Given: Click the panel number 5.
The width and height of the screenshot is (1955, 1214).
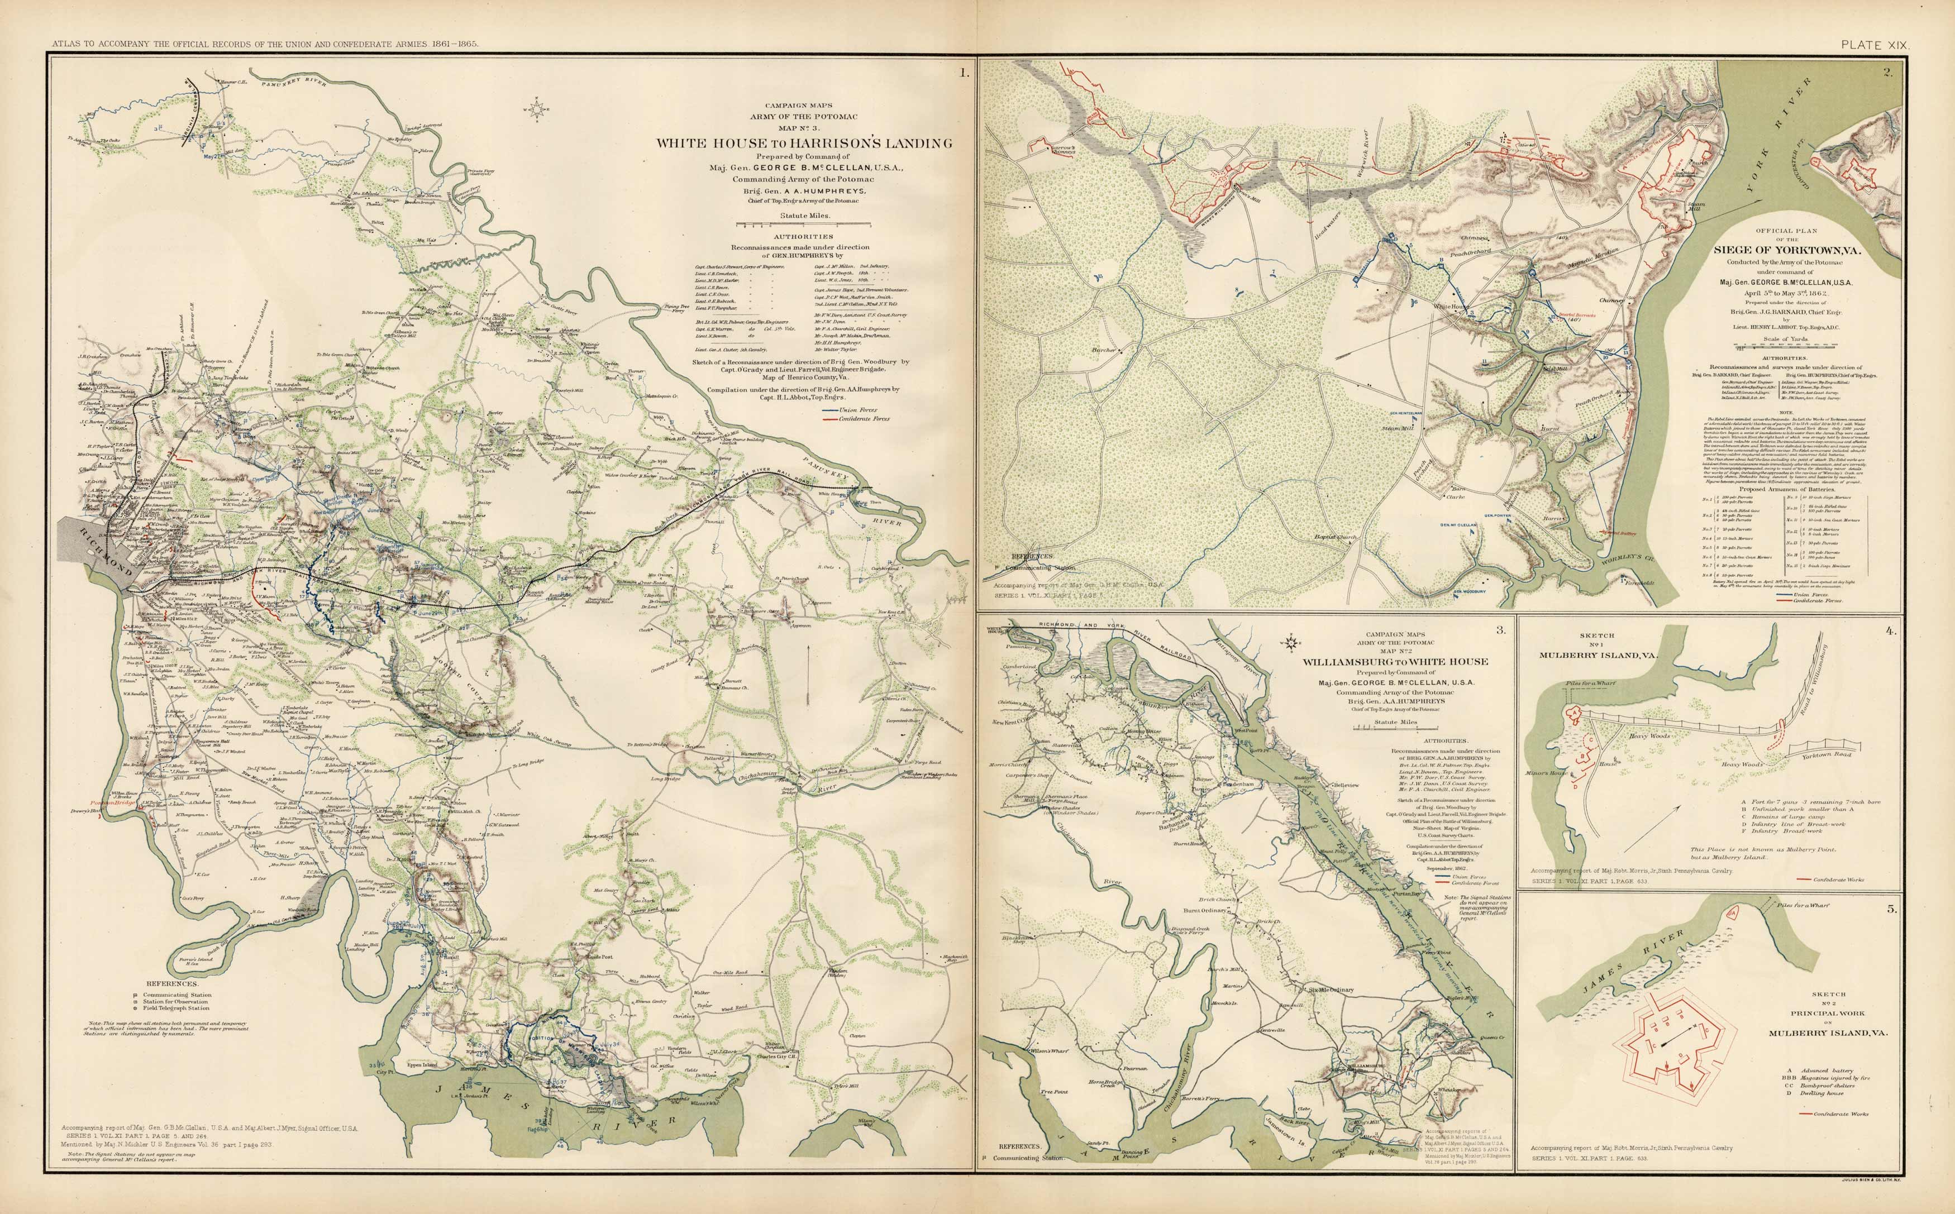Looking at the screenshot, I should point(1891,910).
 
